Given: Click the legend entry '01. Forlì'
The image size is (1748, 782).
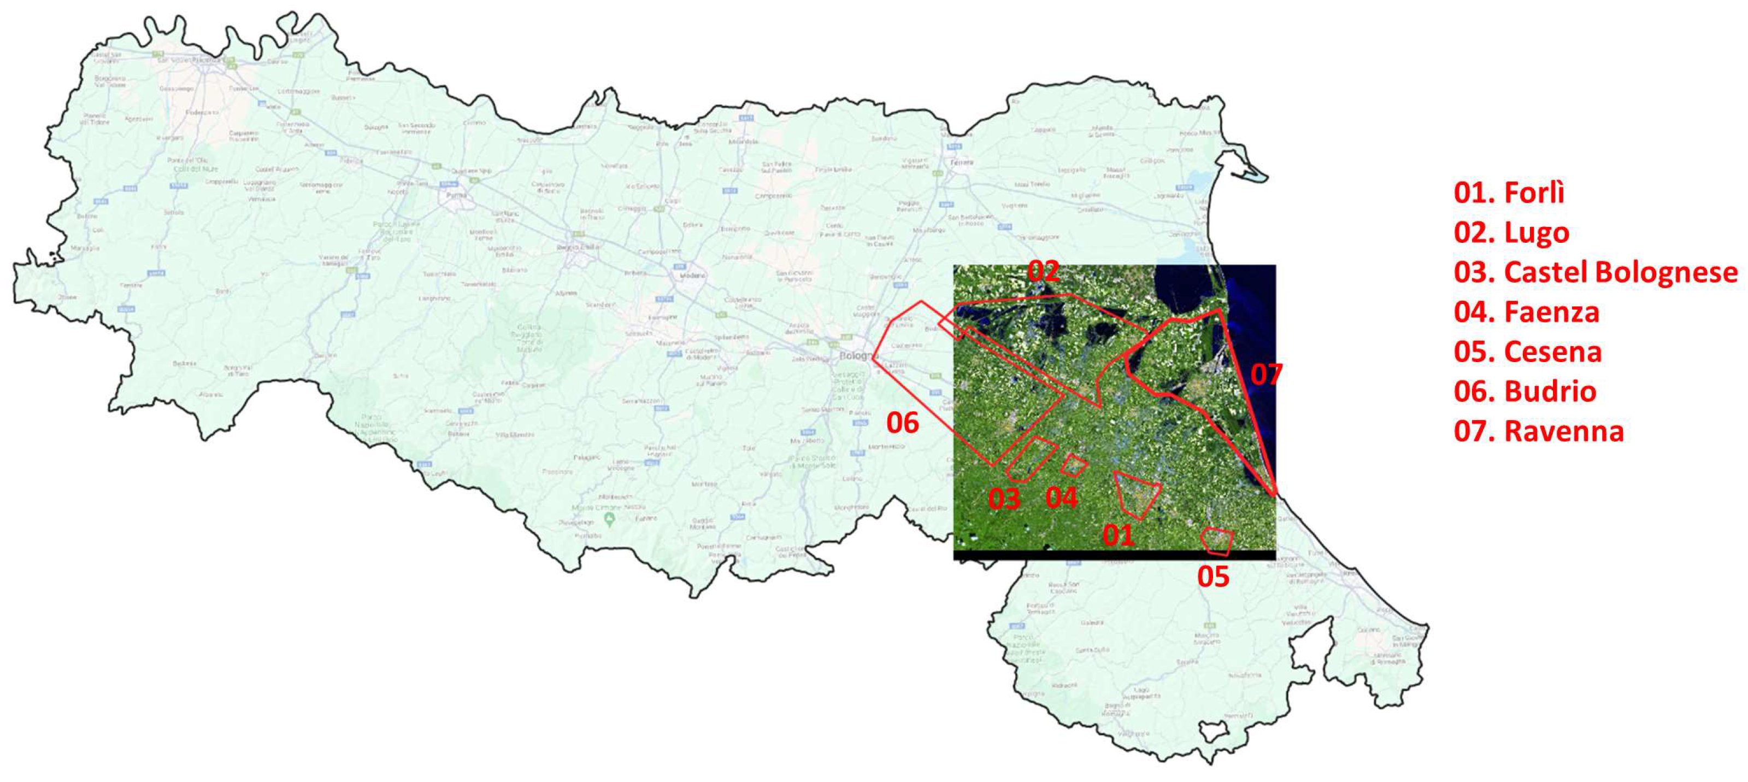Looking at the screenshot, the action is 1509,193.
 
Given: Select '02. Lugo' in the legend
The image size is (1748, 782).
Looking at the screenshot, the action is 1511,233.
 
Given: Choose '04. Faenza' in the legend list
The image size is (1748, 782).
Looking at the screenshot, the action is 1526,312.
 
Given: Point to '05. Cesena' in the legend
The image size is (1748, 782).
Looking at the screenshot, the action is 1527,352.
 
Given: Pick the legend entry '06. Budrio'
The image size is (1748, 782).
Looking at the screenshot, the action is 1525,392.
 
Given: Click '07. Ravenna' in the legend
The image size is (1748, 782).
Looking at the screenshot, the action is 1538,431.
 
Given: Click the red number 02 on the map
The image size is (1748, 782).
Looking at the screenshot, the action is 1043,271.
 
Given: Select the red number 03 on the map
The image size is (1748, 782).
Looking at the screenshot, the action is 1004,499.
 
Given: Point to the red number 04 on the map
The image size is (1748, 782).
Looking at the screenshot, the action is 1061,498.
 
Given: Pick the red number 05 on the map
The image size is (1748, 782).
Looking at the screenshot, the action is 1213,576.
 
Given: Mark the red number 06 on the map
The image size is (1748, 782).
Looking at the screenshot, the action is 903,423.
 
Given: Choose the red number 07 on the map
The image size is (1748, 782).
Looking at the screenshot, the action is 1266,374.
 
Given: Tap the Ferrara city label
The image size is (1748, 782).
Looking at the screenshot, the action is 962,162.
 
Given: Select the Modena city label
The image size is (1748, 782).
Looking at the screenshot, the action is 693,275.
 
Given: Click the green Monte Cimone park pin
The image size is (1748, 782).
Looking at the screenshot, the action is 609,520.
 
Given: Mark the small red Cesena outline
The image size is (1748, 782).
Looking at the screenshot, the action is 1217,541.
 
